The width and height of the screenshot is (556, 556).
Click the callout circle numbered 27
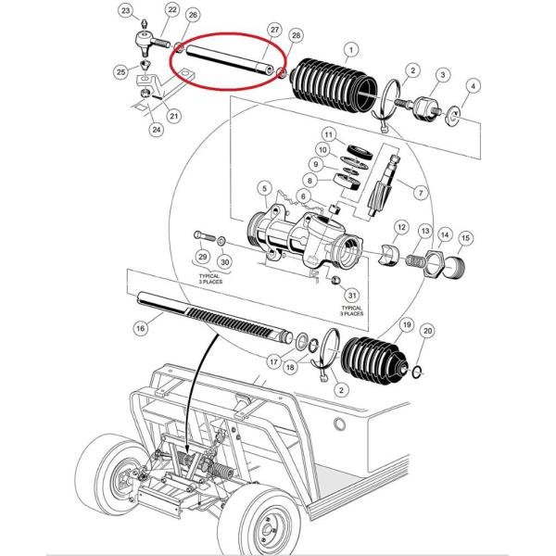[x=275, y=30]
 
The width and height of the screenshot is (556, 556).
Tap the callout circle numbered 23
[x=126, y=10]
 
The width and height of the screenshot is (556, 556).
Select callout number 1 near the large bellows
[x=351, y=50]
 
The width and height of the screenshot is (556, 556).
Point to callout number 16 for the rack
[x=141, y=328]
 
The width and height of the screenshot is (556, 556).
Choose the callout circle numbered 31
[x=352, y=296]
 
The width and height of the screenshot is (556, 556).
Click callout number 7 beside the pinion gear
[x=421, y=193]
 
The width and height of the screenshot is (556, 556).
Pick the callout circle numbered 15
[x=465, y=238]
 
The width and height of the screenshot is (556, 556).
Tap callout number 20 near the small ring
[x=427, y=331]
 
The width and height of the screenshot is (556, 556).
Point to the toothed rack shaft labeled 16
[x=215, y=317]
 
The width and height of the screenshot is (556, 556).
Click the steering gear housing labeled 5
[x=305, y=237]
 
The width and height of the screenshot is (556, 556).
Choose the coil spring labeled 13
[x=415, y=261]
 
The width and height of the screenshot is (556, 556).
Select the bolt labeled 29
[x=205, y=235]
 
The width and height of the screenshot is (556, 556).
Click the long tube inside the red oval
[x=230, y=60]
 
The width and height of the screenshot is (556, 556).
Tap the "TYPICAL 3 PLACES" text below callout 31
[x=351, y=311]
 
